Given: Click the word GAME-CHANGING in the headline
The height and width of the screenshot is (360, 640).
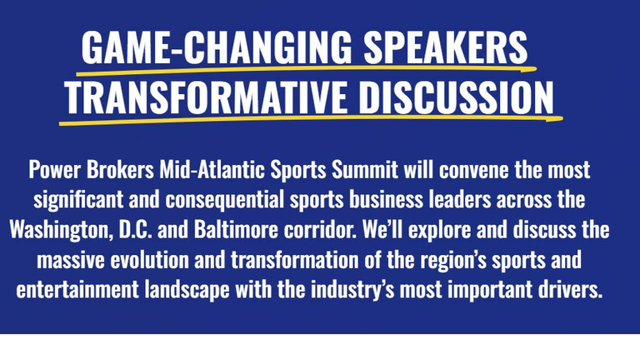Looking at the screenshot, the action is tap(217, 47).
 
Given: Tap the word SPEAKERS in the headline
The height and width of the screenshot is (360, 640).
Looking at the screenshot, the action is tap(446, 47).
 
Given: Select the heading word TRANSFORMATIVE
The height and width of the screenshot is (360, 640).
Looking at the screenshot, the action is tap(207, 97).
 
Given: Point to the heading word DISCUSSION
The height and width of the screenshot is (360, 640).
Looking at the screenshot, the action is tap(457, 97).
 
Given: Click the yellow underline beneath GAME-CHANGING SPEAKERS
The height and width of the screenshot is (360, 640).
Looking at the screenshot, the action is tap(306, 70).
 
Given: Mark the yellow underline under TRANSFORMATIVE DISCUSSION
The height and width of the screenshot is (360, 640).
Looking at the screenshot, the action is tap(311, 120).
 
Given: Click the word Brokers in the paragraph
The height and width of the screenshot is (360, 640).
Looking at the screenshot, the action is tap(120, 170).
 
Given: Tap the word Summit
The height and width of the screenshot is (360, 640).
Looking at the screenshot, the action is tap(364, 170).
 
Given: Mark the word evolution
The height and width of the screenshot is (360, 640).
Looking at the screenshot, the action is tap(150, 260).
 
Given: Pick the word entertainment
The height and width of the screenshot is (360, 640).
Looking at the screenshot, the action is tap(77, 290).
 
